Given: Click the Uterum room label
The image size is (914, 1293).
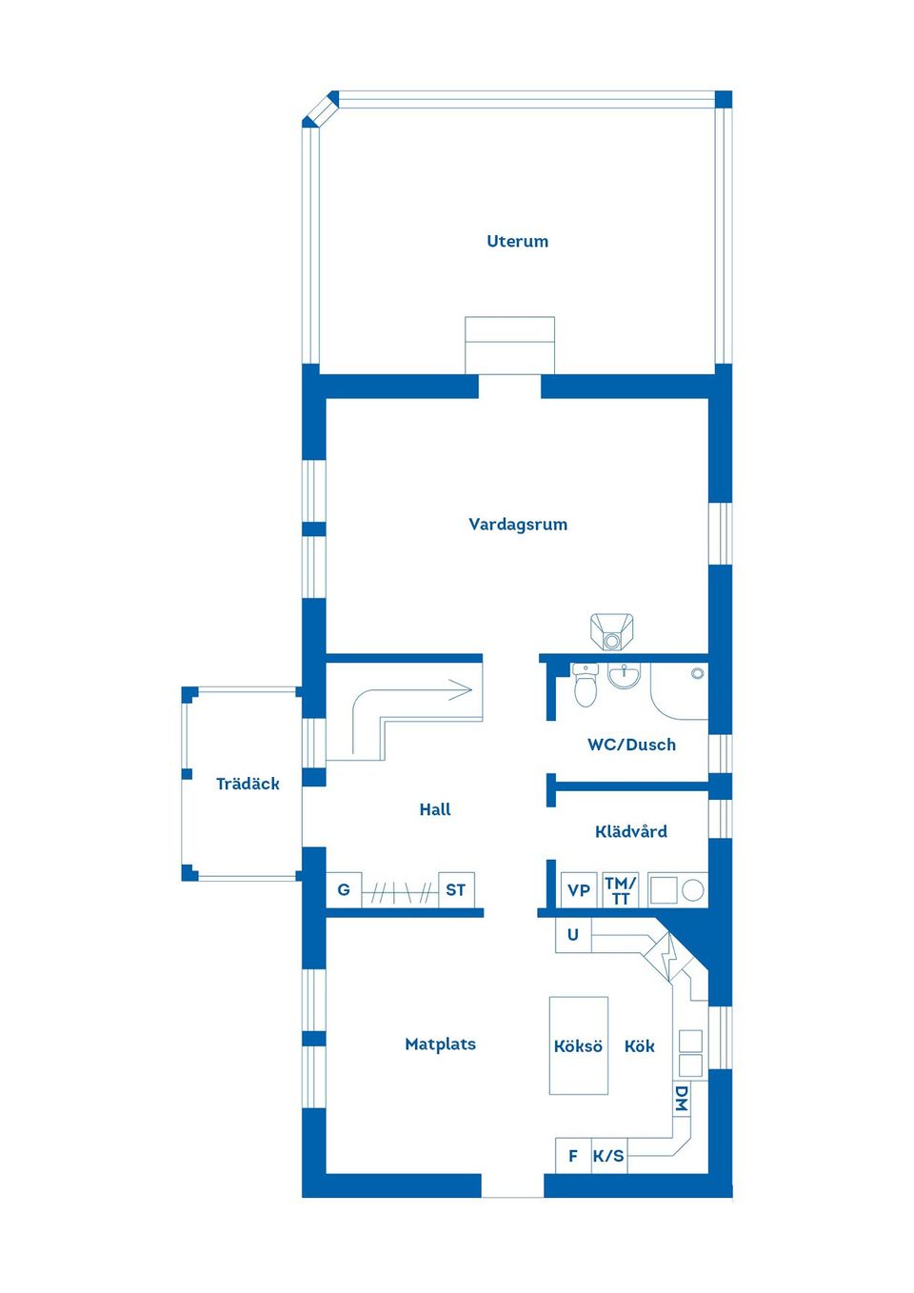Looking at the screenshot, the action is coord(517,241).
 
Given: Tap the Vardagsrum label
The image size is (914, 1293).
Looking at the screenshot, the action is coord(518,524).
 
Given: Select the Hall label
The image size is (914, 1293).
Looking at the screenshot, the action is coord(435,809).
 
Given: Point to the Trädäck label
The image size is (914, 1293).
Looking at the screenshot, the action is coord(248,784).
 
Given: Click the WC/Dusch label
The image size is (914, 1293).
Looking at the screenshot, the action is coord(631,744).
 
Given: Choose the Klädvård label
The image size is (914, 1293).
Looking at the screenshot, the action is coord(631,831).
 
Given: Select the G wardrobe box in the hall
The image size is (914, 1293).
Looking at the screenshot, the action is coord(344,889).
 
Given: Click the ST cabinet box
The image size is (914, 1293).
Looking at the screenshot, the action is coord(456,889).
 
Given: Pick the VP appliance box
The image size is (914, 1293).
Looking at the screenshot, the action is coord(579,889).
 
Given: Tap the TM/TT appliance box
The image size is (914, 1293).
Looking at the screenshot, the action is coord(621,889).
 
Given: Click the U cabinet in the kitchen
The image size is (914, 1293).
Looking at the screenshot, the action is coord(573,935).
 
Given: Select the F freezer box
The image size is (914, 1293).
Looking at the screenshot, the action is coord(573,1156).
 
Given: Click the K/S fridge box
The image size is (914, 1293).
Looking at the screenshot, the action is coord(608,1156).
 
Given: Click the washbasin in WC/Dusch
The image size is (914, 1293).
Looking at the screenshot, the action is coord(625,675).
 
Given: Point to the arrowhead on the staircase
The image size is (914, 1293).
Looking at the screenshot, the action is coord(462,689).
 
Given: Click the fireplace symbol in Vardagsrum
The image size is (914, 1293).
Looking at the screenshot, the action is coord(611,632).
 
